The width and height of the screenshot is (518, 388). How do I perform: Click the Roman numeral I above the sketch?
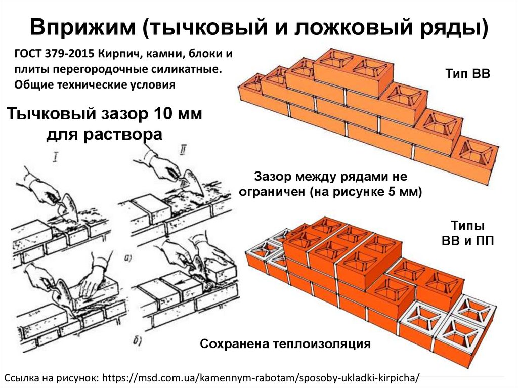tap(55, 161)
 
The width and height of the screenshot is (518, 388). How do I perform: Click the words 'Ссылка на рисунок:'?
tap(53, 377)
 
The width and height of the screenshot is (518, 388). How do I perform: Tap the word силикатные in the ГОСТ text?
tap(191, 69)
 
